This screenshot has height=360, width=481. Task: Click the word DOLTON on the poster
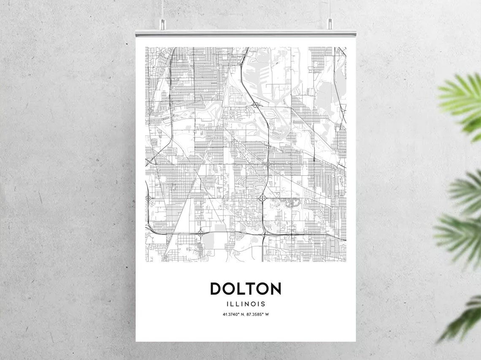[x=246, y=289]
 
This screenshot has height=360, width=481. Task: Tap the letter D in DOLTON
[x=216, y=289]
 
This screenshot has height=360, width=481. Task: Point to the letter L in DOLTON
[x=241, y=289]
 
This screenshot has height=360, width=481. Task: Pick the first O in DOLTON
[x=229, y=289]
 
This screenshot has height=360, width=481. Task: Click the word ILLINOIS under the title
[x=246, y=304]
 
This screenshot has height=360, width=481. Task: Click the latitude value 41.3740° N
[x=233, y=314]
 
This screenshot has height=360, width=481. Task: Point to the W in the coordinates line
[x=267, y=314]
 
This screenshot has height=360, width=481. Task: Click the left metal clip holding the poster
[x=162, y=24]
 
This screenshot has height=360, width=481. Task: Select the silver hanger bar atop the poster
[x=246, y=33]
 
